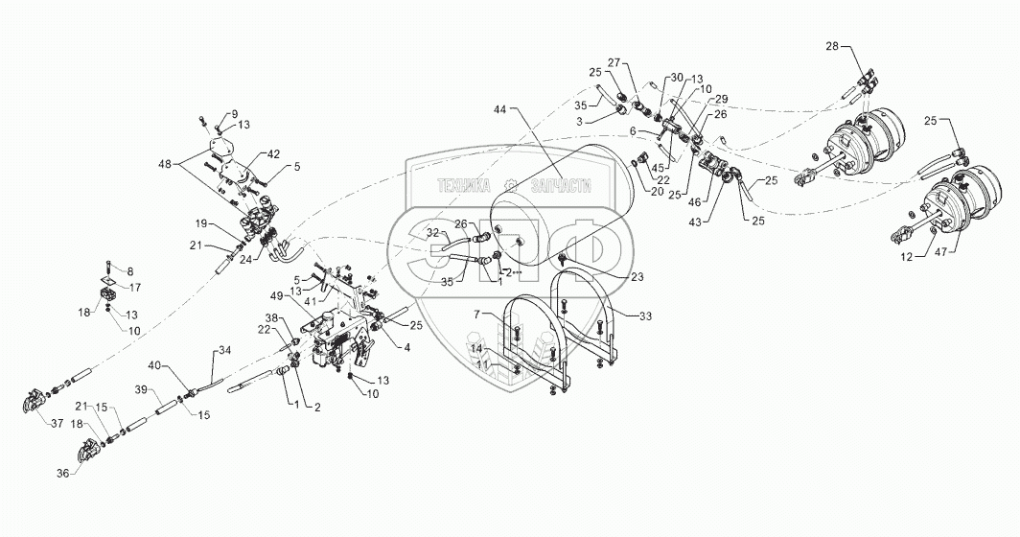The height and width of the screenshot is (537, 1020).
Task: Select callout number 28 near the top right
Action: point(831,46)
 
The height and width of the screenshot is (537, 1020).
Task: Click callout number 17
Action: point(135,286)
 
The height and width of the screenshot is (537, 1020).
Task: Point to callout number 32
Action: point(432,232)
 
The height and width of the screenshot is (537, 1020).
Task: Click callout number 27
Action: point(614,62)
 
